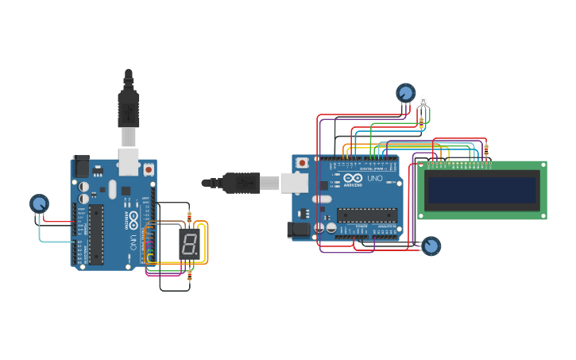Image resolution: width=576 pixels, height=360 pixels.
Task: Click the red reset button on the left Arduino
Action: [149, 169]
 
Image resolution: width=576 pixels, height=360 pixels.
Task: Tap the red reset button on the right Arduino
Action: [302, 163]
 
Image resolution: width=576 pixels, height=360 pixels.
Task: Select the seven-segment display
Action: [188, 244]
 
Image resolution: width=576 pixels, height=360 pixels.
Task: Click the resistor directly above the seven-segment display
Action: [189, 215]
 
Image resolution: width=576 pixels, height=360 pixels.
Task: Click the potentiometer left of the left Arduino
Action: [39, 204]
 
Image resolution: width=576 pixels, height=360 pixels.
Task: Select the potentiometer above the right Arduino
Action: [406, 94]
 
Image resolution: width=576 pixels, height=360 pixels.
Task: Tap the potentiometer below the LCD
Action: [431, 246]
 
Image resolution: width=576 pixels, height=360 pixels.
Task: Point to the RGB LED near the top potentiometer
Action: [423, 102]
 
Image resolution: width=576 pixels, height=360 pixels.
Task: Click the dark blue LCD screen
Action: [481, 191]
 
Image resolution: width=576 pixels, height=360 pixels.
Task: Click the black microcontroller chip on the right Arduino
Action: [367, 215]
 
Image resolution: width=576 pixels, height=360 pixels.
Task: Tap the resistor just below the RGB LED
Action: [421, 122]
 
